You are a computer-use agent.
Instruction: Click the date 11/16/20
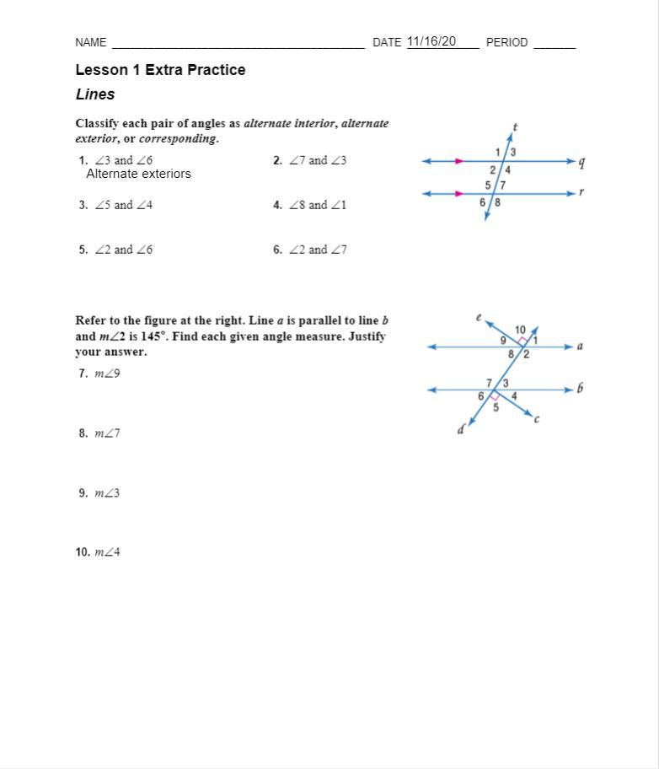431,41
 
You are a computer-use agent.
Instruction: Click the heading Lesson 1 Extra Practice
160,70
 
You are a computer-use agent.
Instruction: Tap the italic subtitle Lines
95,94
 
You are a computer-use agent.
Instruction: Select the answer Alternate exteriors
138,174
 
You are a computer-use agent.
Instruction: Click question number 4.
277,205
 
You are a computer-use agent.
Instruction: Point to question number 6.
277,250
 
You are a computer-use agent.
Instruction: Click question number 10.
83,552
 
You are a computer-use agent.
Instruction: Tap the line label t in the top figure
515,128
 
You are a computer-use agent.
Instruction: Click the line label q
581,163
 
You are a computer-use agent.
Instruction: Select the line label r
581,192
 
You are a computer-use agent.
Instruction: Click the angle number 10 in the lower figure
520,330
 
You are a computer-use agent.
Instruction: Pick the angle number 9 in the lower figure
503,341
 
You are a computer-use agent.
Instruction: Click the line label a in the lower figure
580,346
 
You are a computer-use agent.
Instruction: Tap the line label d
461,430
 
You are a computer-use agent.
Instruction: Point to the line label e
479,318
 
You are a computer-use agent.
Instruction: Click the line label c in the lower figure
537,418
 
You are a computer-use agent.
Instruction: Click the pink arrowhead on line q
459,161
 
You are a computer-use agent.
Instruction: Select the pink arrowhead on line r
459,194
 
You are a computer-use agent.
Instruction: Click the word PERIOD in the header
506,42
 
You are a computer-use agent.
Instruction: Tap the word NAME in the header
91,42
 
